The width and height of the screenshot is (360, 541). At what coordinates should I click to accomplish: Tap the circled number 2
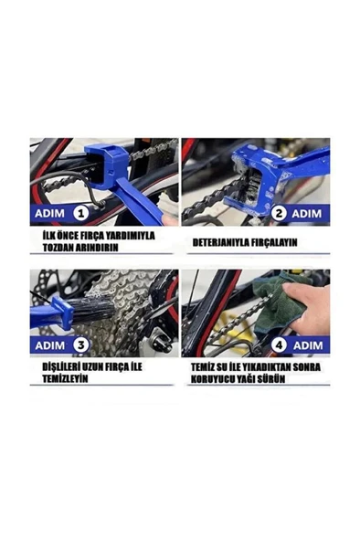coord(277,213)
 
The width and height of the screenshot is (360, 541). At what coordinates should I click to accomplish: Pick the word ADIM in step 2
coord(307,213)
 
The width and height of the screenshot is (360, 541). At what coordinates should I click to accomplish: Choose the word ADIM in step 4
coord(307,345)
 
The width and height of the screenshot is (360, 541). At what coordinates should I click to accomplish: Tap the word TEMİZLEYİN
coord(60,377)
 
